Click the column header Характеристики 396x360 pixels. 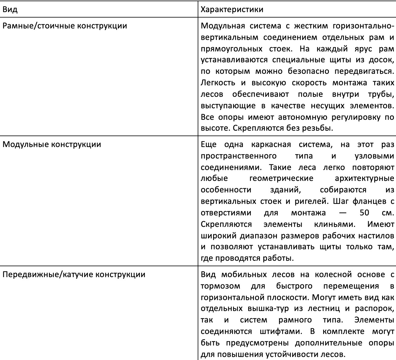[232, 9]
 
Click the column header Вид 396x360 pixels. [10, 9]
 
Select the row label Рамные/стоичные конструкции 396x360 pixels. [65, 25]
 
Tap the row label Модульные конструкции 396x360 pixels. [52, 144]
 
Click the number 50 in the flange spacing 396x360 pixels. [365, 213]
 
